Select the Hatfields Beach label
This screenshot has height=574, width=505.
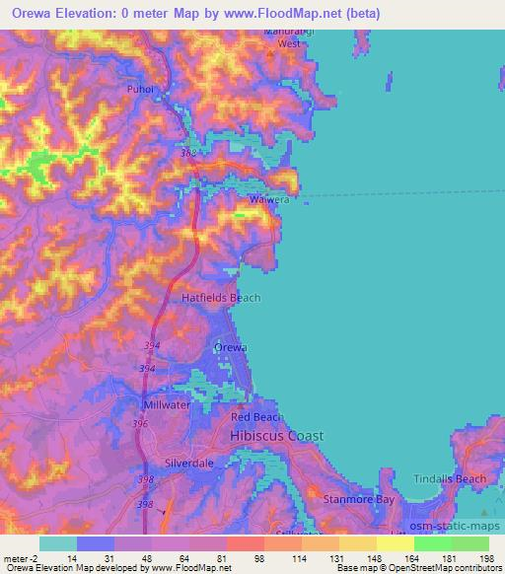(x=221, y=297)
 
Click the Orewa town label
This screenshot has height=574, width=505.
(x=230, y=347)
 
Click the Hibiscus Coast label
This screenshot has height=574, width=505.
(x=276, y=436)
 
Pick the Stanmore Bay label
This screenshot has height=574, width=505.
(x=359, y=500)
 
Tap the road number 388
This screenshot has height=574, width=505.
(x=188, y=154)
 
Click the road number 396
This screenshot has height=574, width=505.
(x=141, y=424)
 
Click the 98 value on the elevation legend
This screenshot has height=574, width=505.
(x=260, y=558)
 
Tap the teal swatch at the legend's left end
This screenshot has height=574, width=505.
(x=57, y=542)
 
